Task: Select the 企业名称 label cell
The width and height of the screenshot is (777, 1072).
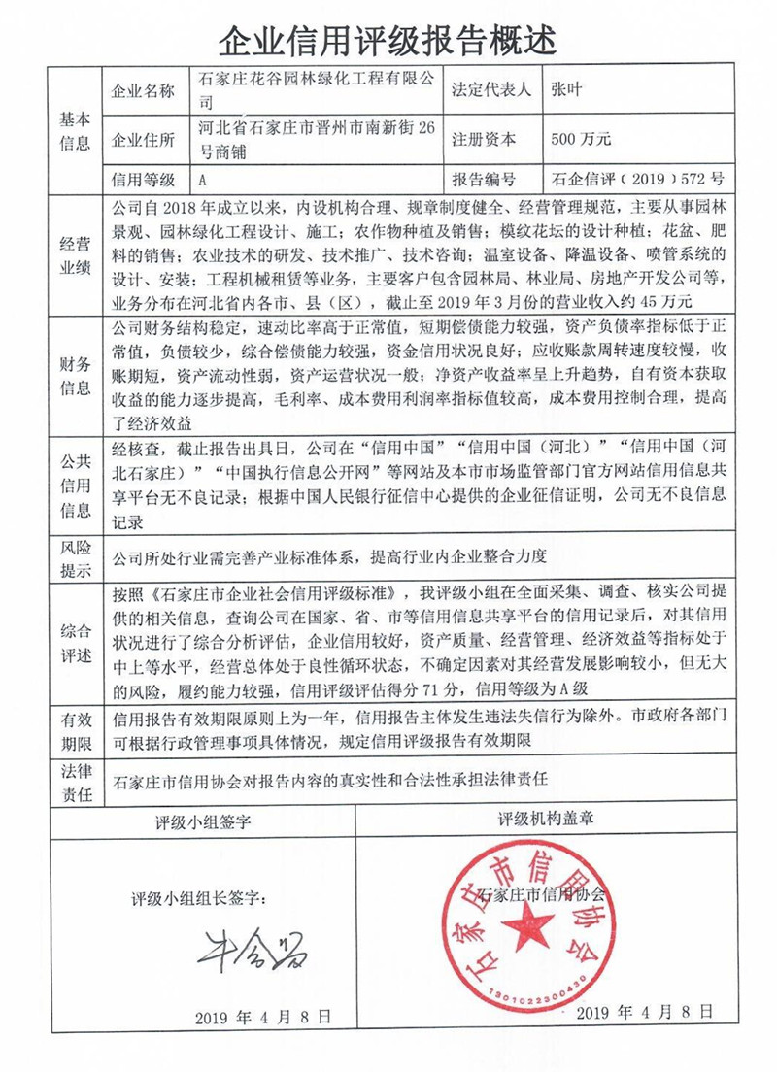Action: point(143,91)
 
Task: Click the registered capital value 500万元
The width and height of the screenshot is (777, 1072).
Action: point(580,139)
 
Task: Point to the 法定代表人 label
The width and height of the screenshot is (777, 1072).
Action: point(491,90)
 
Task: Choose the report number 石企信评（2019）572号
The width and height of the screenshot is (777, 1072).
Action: point(637,180)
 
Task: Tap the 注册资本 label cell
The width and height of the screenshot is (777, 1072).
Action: point(491,139)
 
